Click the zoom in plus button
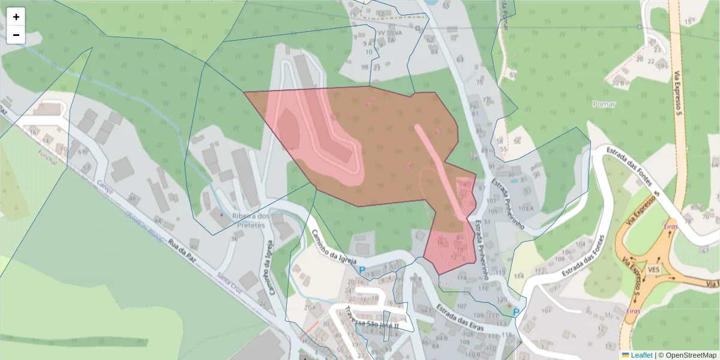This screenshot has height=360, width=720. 16,17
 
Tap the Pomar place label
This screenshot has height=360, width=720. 604,104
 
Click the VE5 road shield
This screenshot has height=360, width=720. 654,271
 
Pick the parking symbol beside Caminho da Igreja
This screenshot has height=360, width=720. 362,271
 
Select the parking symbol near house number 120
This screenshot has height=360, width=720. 516,312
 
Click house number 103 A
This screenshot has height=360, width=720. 526,208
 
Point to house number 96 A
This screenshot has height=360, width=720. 416,279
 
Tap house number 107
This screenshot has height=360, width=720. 461,306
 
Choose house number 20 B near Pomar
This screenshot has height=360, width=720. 617,83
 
